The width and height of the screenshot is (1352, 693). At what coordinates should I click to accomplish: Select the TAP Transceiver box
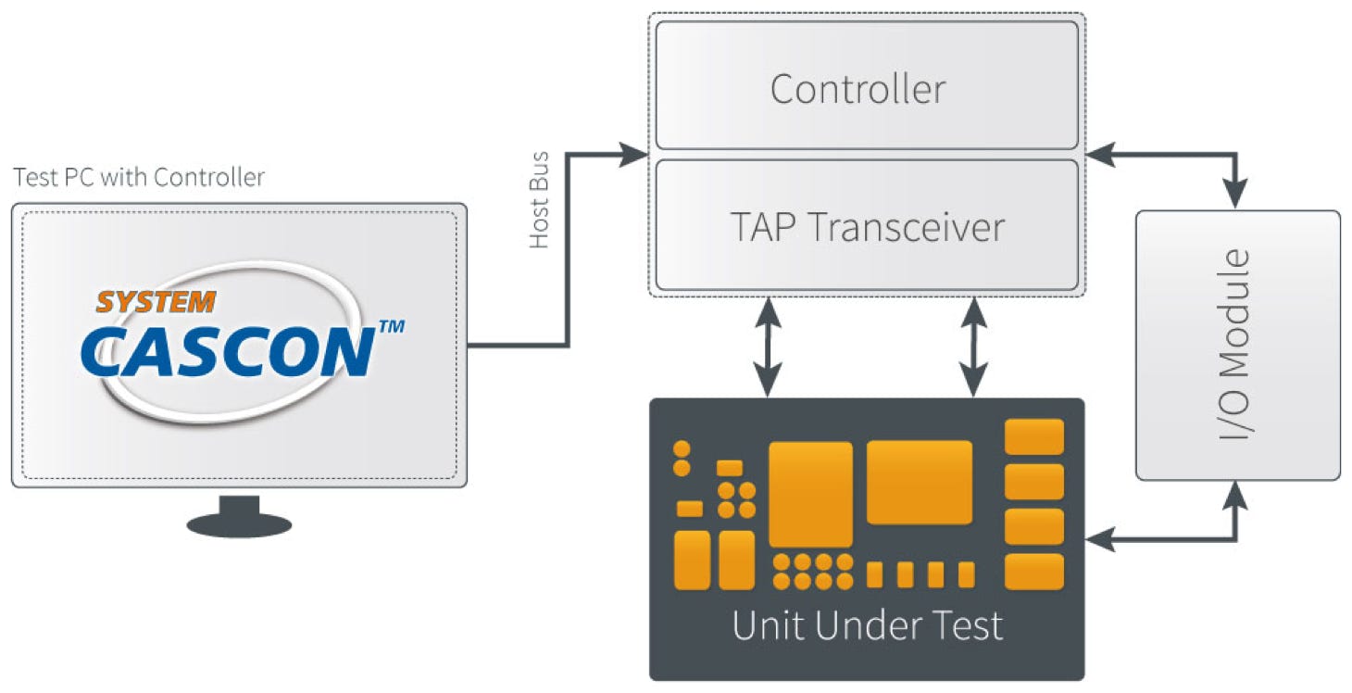[x=867, y=226]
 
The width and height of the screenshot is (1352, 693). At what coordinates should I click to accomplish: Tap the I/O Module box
[x=1237, y=345]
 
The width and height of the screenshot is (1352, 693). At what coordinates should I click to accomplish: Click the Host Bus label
[x=539, y=200]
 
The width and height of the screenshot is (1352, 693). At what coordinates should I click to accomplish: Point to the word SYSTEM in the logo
[x=156, y=302]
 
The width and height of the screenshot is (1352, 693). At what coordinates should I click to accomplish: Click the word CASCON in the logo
[x=228, y=350]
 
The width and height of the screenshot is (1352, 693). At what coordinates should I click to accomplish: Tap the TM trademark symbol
[x=392, y=327]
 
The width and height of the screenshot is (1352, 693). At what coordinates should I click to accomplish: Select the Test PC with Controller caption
[x=139, y=177]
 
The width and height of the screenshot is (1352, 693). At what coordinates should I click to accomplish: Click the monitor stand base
[x=239, y=524]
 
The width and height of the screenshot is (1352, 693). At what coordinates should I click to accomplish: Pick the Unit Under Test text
[x=867, y=626]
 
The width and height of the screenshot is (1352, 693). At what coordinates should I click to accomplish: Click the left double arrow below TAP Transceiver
[x=768, y=346]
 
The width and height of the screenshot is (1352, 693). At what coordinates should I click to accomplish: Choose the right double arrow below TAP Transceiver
[x=972, y=346]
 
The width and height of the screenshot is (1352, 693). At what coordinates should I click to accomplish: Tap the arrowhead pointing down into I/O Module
[x=1236, y=195]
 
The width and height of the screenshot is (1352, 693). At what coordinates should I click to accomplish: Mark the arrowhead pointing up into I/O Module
[x=1236, y=496]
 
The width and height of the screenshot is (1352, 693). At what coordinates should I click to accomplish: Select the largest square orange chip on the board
[x=810, y=494]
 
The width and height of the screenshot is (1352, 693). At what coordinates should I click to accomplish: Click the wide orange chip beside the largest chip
[x=919, y=482]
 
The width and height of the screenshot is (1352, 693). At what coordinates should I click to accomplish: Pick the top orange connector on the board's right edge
[x=1033, y=436]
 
